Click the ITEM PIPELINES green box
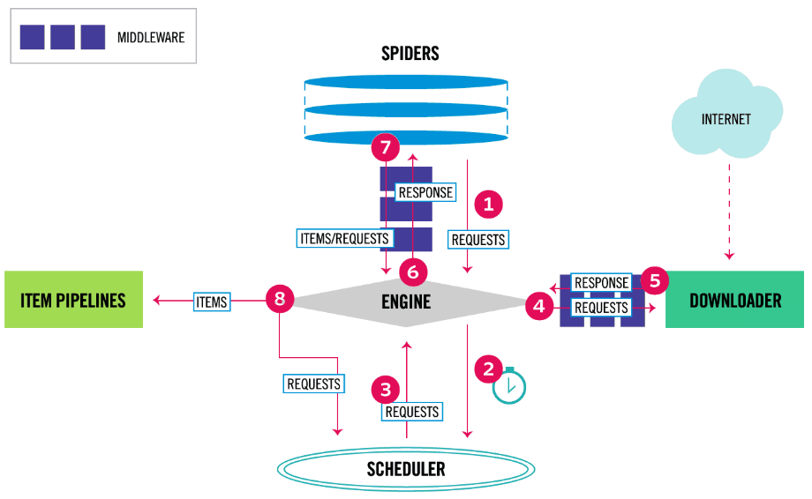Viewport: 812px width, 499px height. tap(73, 300)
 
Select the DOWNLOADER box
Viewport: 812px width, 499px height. tap(734, 300)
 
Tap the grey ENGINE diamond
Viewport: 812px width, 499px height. tap(407, 303)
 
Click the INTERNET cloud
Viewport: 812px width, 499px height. tap(726, 114)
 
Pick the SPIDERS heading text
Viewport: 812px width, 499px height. tap(410, 53)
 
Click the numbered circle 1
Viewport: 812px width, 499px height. tap(488, 205)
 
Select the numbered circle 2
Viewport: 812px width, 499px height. tap(488, 369)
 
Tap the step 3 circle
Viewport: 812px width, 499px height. tap(386, 390)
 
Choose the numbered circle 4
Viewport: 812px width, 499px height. tap(539, 306)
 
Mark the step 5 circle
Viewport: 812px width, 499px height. tap(655, 280)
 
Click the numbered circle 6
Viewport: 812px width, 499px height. tap(413, 272)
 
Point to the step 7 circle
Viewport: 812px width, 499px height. tap(386, 147)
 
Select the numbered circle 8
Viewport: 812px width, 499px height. tap(280, 298)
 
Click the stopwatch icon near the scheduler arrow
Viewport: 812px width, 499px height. tap(509, 386)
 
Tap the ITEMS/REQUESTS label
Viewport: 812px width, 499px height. tap(344, 238)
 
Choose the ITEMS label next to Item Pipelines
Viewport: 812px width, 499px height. tap(211, 302)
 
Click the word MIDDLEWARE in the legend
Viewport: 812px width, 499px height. tap(151, 37)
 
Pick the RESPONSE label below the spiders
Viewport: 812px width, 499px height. tap(425, 192)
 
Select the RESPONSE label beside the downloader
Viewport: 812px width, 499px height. tap(601, 283)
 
